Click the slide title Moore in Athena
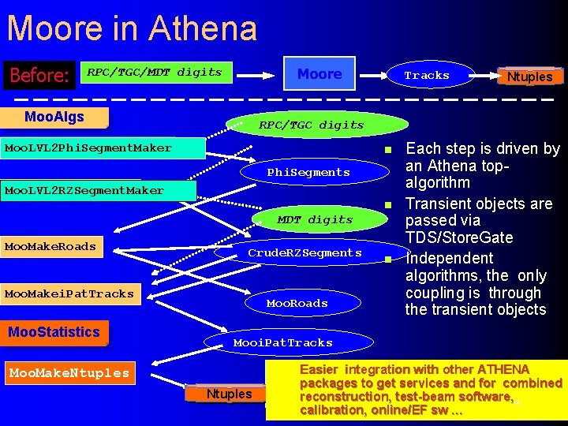click(x=132, y=28)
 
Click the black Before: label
click(x=39, y=76)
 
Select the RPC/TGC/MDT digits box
click(x=155, y=73)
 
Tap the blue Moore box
click(x=319, y=74)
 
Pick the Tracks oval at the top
click(x=427, y=76)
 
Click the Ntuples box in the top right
click(x=529, y=77)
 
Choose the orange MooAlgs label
click(x=54, y=118)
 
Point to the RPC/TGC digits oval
click(x=312, y=125)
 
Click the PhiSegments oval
click(x=308, y=172)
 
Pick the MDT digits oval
click(x=315, y=219)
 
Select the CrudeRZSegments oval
click(x=305, y=253)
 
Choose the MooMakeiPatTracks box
click(x=69, y=294)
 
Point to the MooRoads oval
click(x=297, y=303)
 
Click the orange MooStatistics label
click(x=54, y=332)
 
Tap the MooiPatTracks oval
click(x=283, y=343)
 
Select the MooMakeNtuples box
click(x=69, y=373)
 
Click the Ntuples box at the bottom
click(x=229, y=394)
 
